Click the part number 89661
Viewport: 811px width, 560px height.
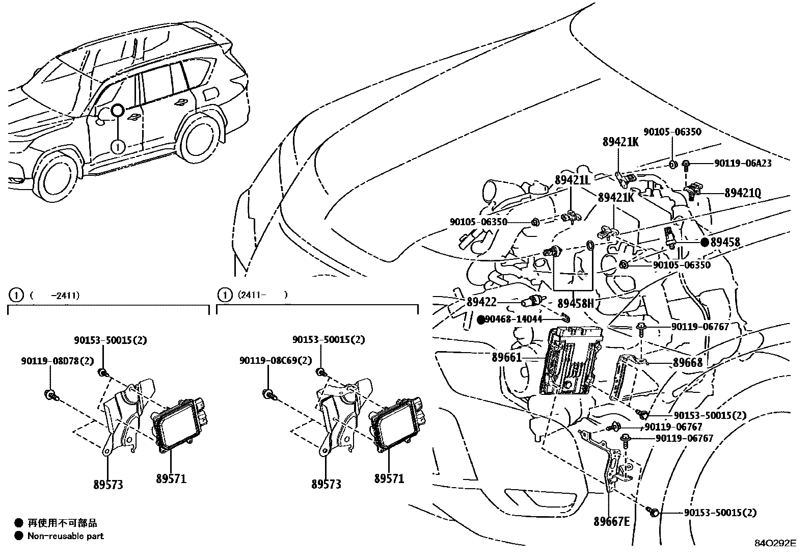[x=507, y=357]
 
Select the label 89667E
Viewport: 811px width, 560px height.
[x=611, y=521]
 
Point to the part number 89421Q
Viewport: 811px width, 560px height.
[x=743, y=193]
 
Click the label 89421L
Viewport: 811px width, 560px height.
[x=572, y=180]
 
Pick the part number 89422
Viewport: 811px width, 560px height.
[x=481, y=302]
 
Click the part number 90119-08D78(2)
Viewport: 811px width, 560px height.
[x=58, y=361]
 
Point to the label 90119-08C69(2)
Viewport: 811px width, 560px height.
[x=276, y=361]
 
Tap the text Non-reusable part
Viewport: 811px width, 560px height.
[x=65, y=536]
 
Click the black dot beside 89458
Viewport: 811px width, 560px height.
[x=705, y=243]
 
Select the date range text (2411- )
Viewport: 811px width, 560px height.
[x=261, y=295]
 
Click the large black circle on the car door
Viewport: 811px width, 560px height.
[x=118, y=111]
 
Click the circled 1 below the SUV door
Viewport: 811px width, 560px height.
[x=118, y=147]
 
